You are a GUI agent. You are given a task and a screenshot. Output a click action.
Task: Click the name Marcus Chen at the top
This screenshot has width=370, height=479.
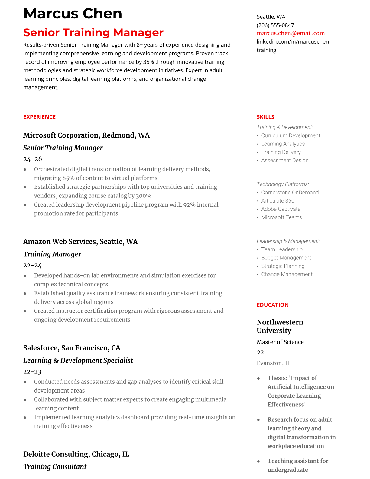pyautogui.click(x=73, y=14)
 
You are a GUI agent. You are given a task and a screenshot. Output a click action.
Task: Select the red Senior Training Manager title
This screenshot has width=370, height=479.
pyautogui.click(x=93, y=32)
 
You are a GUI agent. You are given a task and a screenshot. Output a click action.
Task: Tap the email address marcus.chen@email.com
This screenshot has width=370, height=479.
pyautogui.click(x=290, y=33)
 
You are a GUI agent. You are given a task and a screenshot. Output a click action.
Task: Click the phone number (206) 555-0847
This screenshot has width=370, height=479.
pyautogui.click(x=275, y=25)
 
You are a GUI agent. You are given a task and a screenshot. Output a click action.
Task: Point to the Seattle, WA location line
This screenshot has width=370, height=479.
pyautogui.click(x=271, y=17)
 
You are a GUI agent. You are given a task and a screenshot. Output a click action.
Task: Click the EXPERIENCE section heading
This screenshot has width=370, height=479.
pyautogui.click(x=39, y=117)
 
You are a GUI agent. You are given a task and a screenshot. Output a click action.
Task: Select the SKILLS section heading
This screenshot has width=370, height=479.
pyautogui.click(x=265, y=117)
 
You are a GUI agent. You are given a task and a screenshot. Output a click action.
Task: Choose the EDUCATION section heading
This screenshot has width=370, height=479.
pyautogui.click(x=272, y=305)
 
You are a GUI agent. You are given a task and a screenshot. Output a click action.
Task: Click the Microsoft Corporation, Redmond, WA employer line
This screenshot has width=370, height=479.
pyautogui.click(x=86, y=135)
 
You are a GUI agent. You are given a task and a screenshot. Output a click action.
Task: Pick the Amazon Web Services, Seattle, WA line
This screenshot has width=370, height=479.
pyautogui.click(x=80, y=242)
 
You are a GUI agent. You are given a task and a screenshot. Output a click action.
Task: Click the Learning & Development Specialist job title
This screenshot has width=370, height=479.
pyautogui.click(x=78, y=360)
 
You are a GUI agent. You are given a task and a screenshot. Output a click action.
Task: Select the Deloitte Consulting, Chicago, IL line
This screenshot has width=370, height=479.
pyautogui.click(x=76, y=454)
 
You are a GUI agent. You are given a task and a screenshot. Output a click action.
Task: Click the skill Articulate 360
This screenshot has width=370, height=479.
pyautogui.click(x=277, y=201)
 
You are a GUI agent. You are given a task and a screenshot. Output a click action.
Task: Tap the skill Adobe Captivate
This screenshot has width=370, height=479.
pyautogui.click(x=281, y=209)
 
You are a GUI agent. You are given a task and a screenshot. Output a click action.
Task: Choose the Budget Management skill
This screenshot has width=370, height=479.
pyautogui.click(x=286, y=258)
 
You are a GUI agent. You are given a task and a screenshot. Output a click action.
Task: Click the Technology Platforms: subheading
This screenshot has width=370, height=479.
pyautogui.click(x=283, y=184)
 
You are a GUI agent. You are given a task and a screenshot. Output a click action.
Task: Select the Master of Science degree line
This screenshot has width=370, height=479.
pyautogui.click(x=280, y=342)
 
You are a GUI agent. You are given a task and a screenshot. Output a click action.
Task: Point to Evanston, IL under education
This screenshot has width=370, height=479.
pyautogui.click(x=274, y=363)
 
